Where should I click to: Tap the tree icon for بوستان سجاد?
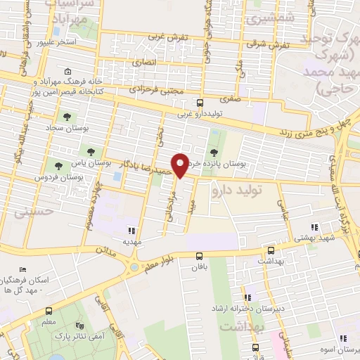click(x=67, y=117)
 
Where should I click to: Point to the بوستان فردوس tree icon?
click(x=58, y=167)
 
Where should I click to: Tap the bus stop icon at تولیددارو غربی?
click(x=200, y=103)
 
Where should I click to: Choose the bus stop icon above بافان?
click(x=199, y=256)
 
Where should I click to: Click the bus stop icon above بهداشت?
click(x=271, y=250)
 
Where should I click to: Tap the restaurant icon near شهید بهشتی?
click(x=315, y=227)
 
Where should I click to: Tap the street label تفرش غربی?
click(x=171, y=37)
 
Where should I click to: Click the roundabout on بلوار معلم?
click(x=133, y=268)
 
